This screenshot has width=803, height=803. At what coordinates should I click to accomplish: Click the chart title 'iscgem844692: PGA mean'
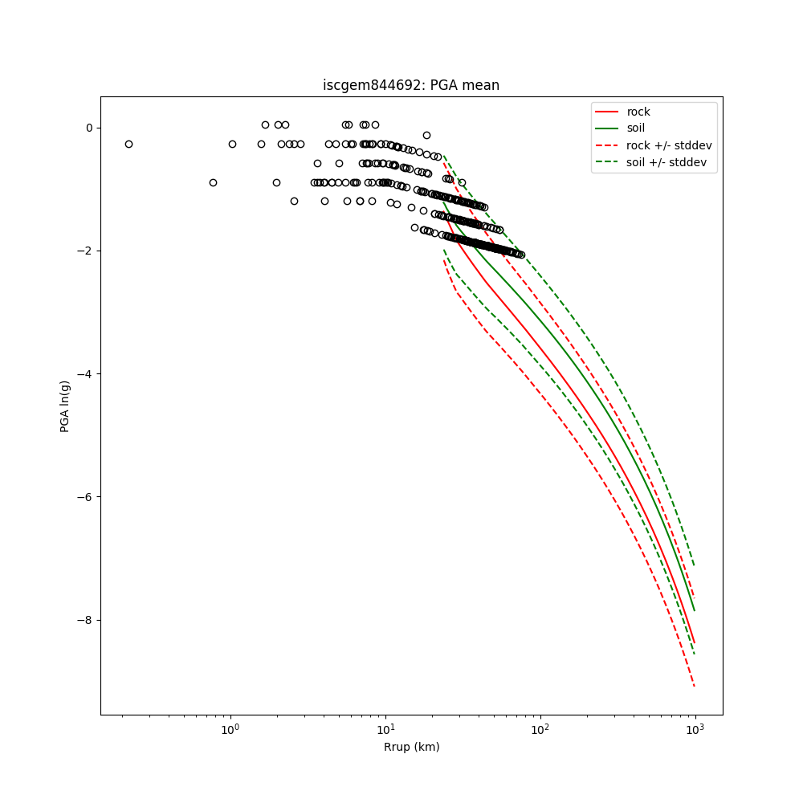click(x=411, y=85)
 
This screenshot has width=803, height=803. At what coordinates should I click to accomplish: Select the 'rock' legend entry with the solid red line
click(x=638, y=112)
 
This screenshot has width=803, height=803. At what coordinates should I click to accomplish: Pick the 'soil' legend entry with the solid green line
click(x=635, y=128)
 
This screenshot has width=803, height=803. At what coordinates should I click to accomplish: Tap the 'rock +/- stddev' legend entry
click(x=668, y=145)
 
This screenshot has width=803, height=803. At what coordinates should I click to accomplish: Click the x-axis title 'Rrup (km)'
click(x=411, y=747)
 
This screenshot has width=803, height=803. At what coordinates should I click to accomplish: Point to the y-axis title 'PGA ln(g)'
click(x=65, y=406)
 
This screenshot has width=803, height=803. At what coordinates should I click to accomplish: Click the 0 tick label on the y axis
click(x=89, y=128)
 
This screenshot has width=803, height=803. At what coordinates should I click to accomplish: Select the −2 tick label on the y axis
click(x=85, y=251)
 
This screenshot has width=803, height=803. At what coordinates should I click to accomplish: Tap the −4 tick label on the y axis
click(x=85, y=373)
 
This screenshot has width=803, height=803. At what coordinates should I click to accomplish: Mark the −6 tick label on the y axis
click(x=85, y=496)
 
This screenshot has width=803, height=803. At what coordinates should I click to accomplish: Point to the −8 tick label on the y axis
click(x=85, y=620)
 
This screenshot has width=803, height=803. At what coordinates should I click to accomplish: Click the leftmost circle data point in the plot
click(x=128, y=144)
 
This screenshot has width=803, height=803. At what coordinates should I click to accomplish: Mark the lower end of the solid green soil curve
click(x=695, y=610)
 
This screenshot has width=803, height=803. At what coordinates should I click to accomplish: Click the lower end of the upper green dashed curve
click(x=695, y=565)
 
